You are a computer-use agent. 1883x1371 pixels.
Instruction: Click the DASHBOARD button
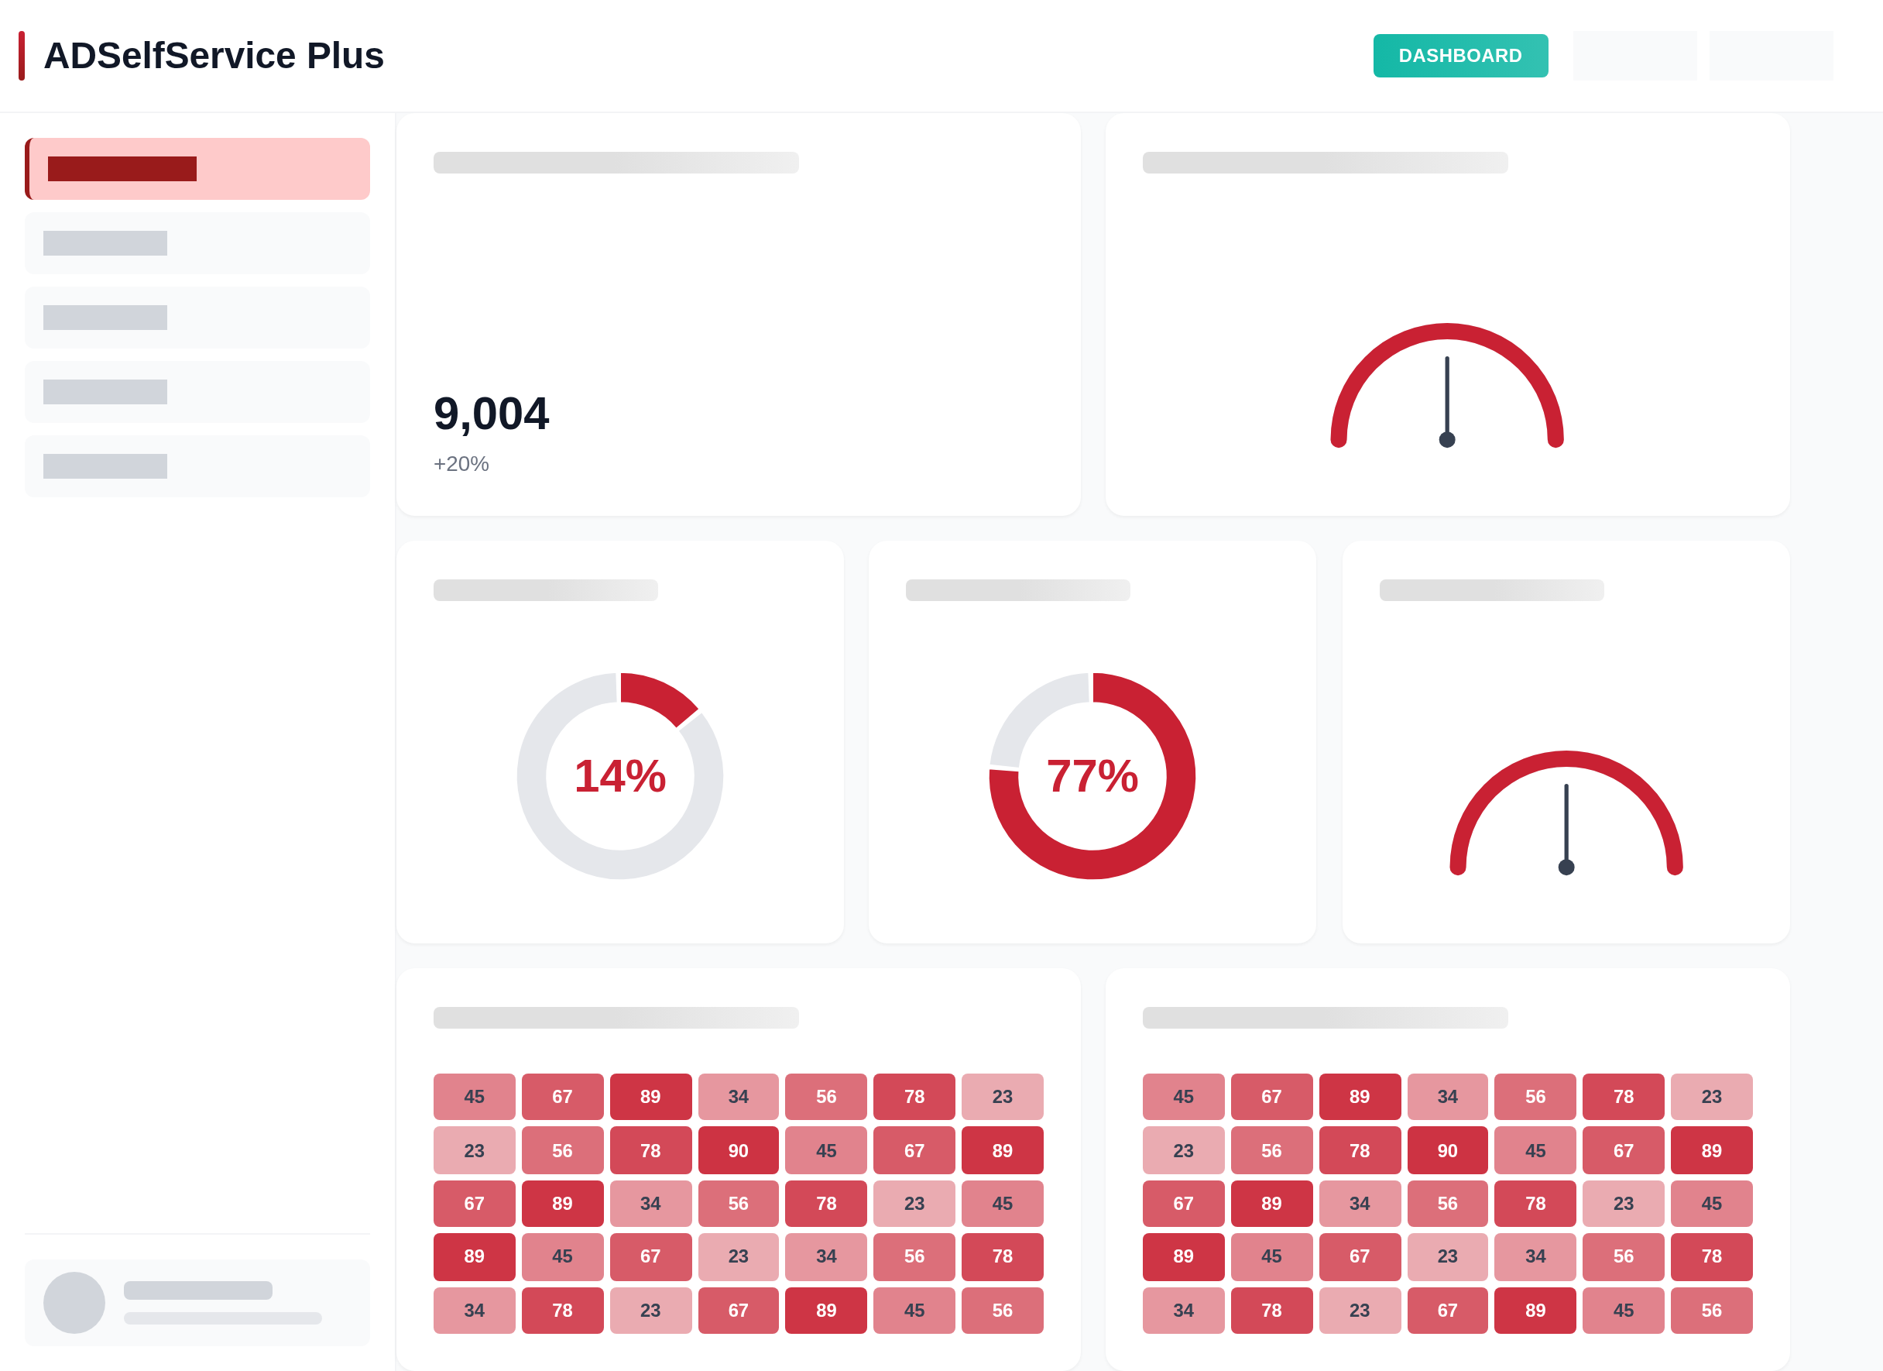1459,56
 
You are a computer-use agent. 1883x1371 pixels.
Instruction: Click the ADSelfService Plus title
214,56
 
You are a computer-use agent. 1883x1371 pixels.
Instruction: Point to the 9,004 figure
491,414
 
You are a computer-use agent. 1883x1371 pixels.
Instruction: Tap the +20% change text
461,463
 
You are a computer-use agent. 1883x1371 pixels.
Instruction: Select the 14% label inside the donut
619,776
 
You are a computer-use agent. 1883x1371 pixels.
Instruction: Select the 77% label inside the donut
1092,776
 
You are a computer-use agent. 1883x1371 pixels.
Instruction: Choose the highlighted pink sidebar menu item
197,169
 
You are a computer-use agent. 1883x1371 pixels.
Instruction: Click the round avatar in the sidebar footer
74,1302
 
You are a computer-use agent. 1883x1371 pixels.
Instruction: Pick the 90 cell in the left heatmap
738,1150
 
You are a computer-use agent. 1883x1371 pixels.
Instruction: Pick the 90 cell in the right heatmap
1447,1150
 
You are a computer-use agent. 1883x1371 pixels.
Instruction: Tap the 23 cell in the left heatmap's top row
1002,1096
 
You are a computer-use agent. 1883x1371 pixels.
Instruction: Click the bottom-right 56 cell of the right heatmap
1711,1310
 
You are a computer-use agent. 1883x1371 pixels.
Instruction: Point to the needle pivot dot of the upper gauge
1447,439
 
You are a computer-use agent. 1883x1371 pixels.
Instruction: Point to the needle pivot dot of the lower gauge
1566,867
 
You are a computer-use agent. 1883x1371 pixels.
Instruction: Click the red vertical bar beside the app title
22,56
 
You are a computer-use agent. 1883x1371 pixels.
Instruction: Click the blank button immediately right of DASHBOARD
1634,56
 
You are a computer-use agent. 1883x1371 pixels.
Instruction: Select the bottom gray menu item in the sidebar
197,466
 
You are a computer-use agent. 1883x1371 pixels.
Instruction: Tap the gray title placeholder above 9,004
616,163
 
